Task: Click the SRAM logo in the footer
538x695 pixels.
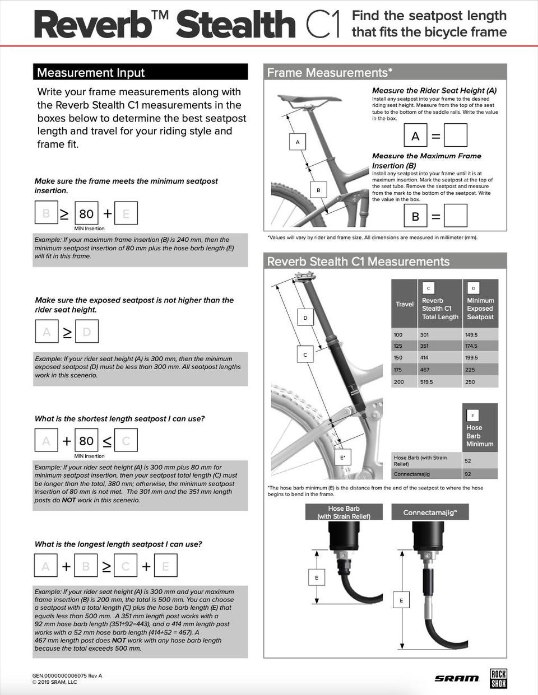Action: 457,679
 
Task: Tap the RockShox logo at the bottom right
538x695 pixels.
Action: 498,678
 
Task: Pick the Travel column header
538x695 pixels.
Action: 405,304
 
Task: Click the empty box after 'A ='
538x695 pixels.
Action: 455,136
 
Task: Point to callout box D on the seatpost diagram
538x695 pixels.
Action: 305,318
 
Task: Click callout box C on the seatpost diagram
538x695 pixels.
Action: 305,355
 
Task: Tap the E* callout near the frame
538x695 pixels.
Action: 343,458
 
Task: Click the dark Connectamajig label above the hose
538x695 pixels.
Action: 430,512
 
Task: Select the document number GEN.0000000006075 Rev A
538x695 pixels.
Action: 67,675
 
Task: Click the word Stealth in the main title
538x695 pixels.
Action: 236,25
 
